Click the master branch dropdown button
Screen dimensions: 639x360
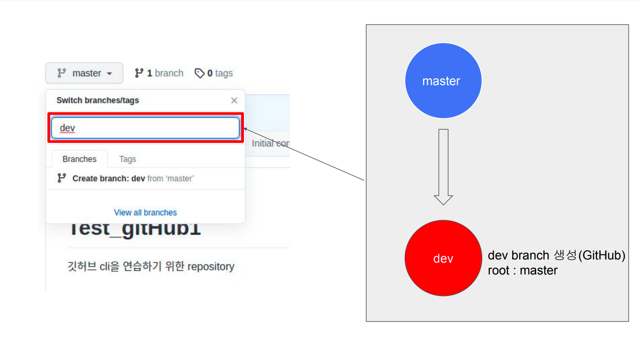(x=84, y=73)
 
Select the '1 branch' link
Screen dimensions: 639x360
(x=159, y=73)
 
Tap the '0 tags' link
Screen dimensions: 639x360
(x=214, y=73)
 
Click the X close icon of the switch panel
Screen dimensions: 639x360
(x=234, y=101)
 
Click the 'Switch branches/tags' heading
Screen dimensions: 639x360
(x=98, y=101)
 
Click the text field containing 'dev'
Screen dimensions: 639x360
(x=145, y=128)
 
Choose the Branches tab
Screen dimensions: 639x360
(x=79, y=159)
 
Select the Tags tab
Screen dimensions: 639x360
(x=128, y=159)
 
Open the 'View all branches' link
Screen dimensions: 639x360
(x=145, y=212)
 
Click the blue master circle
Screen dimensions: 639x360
(x=443, y=81)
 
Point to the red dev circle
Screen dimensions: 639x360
(x=443, y=258)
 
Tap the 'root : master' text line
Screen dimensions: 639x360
(x=523, y=270)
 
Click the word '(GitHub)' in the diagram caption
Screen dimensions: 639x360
(x=602, y=255)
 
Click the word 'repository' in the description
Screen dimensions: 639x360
(x=211, y=267)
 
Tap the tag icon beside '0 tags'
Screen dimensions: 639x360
(x=199, y=73)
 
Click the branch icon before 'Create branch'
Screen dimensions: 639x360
(x=62, y=178)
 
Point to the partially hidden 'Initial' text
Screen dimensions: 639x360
(x=263, y=144)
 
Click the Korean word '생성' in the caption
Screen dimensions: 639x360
(x=565, y=255)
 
